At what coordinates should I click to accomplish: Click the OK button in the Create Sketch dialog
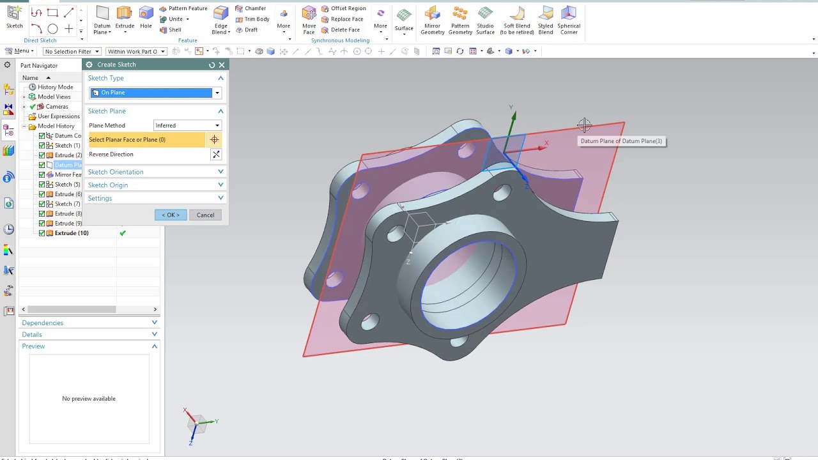pyautogui.click(x=171, y=215)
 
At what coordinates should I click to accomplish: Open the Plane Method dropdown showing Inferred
pyautogui.click(x=187, y=125)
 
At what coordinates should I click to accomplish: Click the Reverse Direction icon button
pyautogui.click(x=216, y=154)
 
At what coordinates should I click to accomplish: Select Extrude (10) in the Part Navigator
pyautogui.click(x=71, y=233)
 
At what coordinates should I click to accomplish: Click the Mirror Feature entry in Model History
pyautogui.click(x=68, y=174)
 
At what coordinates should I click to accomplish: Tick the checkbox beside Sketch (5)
pyautogui.click(x=42, y=185)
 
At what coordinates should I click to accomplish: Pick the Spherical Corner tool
pyautogui.click(x=568, y=20)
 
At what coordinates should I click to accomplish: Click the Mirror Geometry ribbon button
pyautogui.click(x=432, y=20)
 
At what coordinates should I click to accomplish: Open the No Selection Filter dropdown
pyautogui.click(x=72, y=51)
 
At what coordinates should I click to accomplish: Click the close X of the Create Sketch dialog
pyautogui.click(x=222, y=65)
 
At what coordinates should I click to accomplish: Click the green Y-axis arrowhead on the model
pyautogui.click(x=513, y=116)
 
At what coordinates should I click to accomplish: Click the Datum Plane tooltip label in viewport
pyautogui.click(x=621, y=141)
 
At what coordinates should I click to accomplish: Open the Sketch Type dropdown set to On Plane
pyautogui.click(x=155, y=93)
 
